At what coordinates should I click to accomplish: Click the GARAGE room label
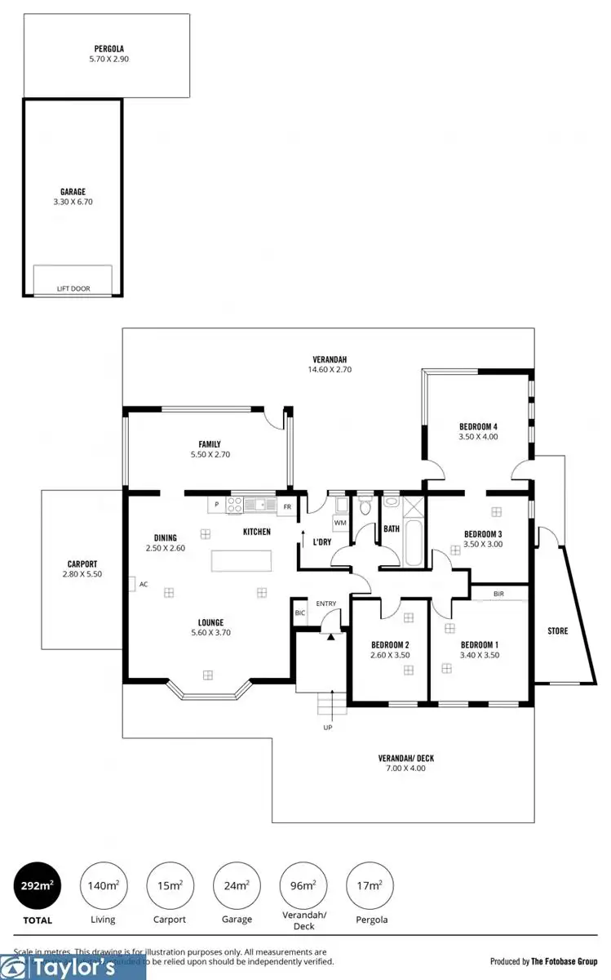tap(72, 192)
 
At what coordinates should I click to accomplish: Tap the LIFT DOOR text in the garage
tap(73, 288)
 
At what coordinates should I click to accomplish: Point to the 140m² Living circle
tap(103, 885)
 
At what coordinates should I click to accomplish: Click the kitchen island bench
tap(242, 561)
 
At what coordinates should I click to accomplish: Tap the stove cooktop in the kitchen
tap(234, 506)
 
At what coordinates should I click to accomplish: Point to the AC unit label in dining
tap(143, 584)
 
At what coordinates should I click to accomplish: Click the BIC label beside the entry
tap(299, 612)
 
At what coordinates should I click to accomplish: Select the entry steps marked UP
tap(328, 702)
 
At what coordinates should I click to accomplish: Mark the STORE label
tap(557, 631)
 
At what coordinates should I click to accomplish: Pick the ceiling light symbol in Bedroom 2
tap(407, 670)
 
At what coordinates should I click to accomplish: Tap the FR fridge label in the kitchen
tap(287, 506)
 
